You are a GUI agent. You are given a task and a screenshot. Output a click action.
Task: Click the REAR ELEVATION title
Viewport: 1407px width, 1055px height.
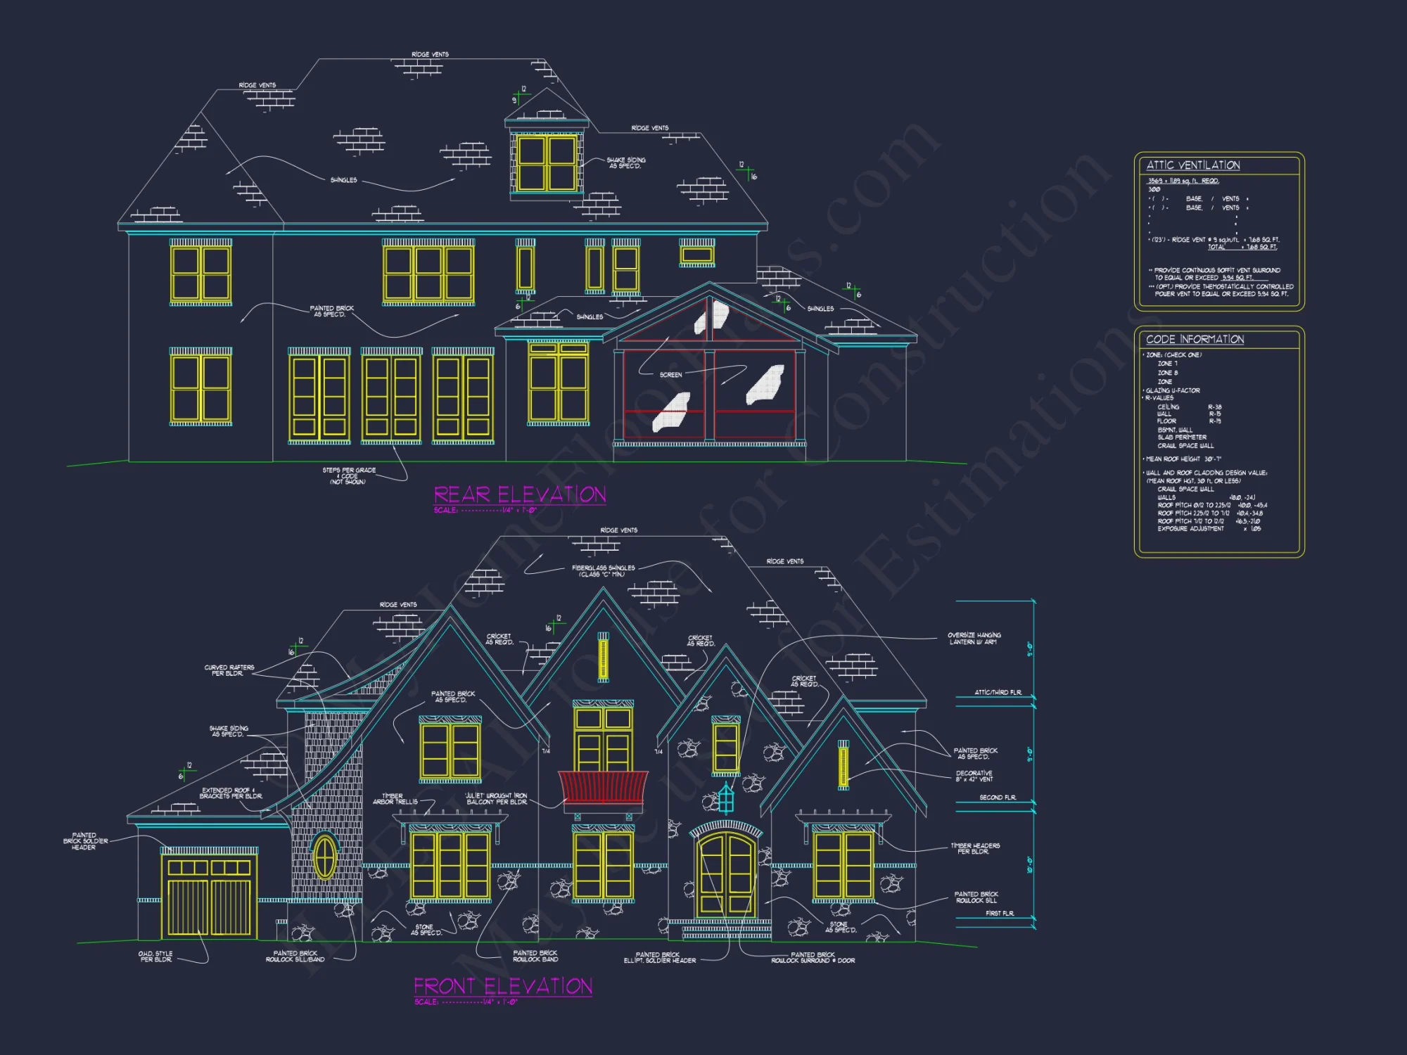519,494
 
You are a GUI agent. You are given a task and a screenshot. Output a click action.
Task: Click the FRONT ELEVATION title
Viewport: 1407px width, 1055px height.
502,986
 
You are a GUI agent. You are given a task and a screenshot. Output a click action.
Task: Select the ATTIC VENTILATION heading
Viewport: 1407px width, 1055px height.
1193,165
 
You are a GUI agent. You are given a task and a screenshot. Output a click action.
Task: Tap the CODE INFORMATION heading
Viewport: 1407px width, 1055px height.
1195,339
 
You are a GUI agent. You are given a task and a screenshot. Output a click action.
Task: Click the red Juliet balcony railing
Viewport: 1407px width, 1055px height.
603,787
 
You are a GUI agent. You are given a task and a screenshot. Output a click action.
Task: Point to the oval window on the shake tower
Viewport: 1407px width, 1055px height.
324,856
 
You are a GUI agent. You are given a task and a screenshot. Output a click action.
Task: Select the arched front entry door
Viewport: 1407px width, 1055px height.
726,876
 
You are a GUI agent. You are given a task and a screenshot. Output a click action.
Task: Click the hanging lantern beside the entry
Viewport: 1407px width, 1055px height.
726,798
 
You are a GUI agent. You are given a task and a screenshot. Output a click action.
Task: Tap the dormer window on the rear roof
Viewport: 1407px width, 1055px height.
547,163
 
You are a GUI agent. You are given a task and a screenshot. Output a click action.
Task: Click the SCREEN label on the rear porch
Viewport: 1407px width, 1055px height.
670,375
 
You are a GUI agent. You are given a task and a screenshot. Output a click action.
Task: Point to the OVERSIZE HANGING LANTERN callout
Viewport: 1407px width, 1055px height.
974,639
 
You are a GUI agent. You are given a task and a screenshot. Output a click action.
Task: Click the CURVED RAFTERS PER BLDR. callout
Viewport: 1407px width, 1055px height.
229,670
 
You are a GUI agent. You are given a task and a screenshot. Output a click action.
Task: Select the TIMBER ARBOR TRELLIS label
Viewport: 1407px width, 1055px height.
395,799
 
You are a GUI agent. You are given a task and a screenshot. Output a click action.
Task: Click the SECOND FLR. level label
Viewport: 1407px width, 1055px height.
997,798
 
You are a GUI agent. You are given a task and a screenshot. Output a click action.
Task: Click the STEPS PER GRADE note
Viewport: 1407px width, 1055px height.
349,475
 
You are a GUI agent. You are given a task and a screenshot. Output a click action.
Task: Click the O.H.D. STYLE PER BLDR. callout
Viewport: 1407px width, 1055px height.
155,957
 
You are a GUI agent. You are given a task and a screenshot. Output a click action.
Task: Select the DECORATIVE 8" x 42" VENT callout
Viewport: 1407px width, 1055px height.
974,776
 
